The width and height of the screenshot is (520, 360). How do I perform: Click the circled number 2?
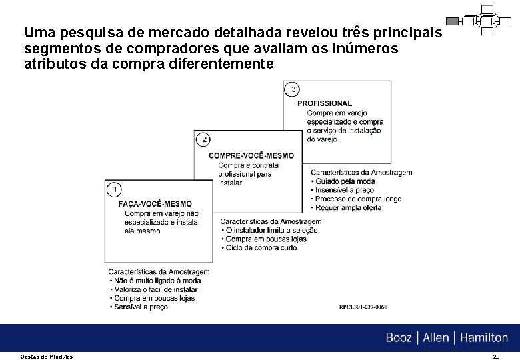click(x=204, y=139)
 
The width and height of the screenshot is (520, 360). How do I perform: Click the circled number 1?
click(x=114, y=189)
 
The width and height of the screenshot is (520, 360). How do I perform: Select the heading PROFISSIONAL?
click(x=325, y=103)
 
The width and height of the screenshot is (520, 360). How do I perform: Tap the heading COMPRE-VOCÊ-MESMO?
click(x=251, y=155)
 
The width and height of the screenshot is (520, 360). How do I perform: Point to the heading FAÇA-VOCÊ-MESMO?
click(x=155, y=204)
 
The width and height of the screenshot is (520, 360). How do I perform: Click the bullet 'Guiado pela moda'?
click(x=344, y=181)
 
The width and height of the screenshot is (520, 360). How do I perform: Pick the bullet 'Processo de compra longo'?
click(x=359, y=199)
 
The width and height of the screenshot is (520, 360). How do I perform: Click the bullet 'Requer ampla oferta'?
click(x=349, y=207)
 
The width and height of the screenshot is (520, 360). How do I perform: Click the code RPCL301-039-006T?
click(x=363, y=307)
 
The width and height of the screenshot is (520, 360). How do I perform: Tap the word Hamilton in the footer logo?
click(x=482, y=338)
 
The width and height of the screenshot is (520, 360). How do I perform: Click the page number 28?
click(x=495, y=357)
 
